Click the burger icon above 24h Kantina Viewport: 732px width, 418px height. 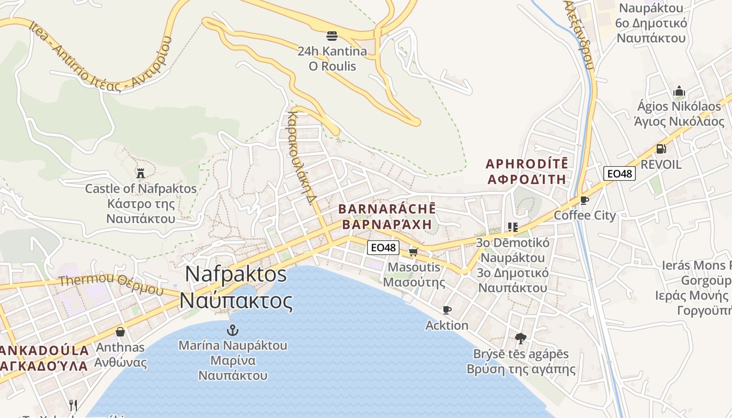coord(332,36)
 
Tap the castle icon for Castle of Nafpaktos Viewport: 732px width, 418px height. coord(141,172)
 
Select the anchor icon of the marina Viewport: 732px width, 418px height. coord(233,330)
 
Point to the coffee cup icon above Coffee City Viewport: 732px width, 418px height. coord(585,200)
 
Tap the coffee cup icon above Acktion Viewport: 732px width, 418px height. coord(447,310)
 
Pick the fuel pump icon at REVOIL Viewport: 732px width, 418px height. coord(661,149)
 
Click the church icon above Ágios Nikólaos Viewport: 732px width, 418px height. coord(679,91)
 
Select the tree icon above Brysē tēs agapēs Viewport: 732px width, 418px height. coord(520,339)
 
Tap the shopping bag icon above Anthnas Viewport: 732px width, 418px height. coord(120,332)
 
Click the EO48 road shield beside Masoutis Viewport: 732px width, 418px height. coord(383,247)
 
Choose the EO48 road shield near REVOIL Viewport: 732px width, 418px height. coord(620,173)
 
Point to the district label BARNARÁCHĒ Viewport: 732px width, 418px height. coord(387,209)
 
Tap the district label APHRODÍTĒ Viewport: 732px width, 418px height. coord(527,164)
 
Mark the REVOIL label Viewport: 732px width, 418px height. coord(661,165)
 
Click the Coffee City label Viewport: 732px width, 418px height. coord(585,215)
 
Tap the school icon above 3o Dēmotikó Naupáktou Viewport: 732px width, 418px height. coord(512,227)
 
